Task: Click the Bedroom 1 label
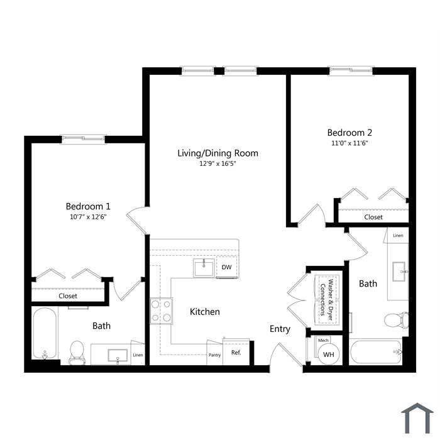[88, 207]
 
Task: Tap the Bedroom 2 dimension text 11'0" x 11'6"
[349, 143]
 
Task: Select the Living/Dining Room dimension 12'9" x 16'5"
[217, 163]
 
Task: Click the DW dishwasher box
[227, 267]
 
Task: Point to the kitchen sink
[204, 268]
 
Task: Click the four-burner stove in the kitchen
[161, 311]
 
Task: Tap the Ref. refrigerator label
[236, 353]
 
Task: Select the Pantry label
[215, 355]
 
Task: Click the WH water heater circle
[329, 354]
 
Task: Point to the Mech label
[323, 341]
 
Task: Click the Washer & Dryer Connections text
[327, 300]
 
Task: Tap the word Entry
[280, 329]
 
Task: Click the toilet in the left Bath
[77, 353]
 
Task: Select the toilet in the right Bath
[396, 320]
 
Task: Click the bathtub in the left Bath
[45, 333]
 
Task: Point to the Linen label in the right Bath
[398, 236]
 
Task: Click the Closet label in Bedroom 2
[373, 217]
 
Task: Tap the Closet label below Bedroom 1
[68, 296]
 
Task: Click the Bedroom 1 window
[84, 139]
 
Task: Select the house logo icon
[417, 419]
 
